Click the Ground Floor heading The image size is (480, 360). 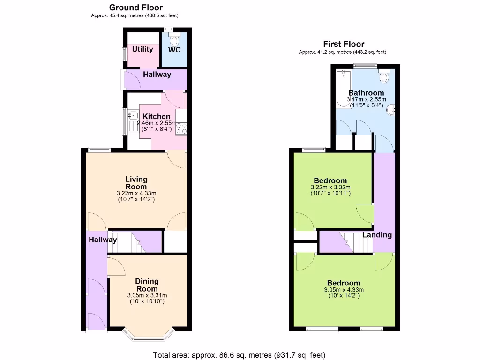pyautogui.click(x=136, y=7)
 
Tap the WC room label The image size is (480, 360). pyautogui.click(x=174, y=50)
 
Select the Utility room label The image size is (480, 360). pyautogui.click(x=142, y=49)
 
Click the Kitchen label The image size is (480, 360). pyautogui.click(x=156, y=117)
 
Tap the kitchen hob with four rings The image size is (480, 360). pyautogui.click(x=180, y=128)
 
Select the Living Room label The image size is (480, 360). pyautogui.click(x=136, y=183)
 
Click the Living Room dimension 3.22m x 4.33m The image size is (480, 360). pyautogui.click(x=136, y=193)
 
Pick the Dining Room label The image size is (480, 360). pyautogui.click(x=147, y=285)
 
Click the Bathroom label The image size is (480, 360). pyautogui.click(x=366, y=93)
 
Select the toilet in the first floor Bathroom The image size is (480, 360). pyautogui.click(x=385, y=76)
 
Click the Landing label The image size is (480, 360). pyautogui.click(x=377, y=235)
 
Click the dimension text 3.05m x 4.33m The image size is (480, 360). pyautogui.click(x=344, y=290)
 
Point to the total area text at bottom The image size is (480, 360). pyautogui.click(x=239, y=355)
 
